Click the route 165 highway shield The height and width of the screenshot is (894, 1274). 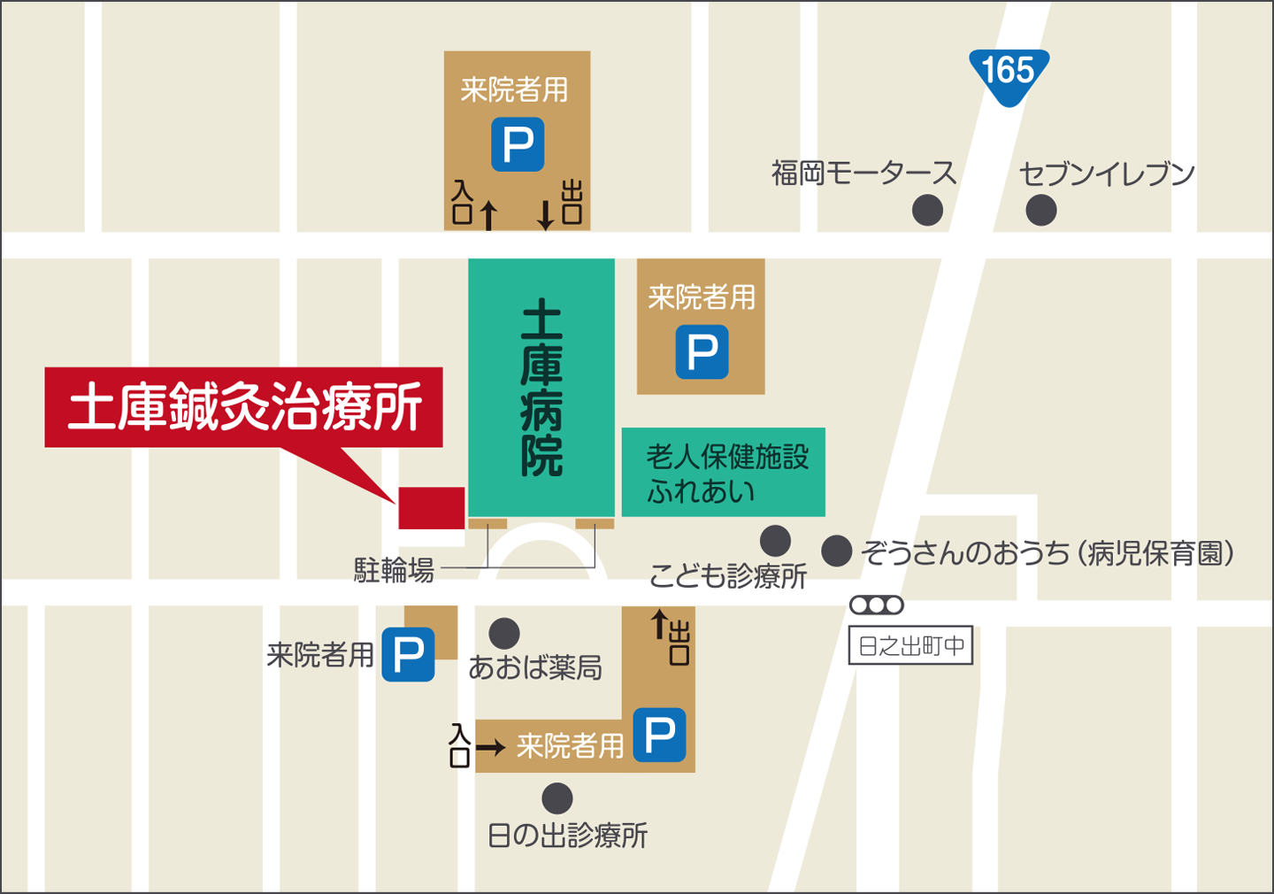pyautogui.click(x=1009, y=74)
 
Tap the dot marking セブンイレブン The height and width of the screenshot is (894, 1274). pyautogui.click(x=1040, y=211)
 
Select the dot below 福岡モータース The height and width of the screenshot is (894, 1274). pyautogui.click(x=927, y=211)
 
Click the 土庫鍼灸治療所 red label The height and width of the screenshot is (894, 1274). pyautogui.click(x=244, y=407)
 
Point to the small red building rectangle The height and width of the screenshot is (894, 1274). pyautogui.click(x=431, y=508)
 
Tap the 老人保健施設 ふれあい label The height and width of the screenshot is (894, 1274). pyautogui.click(x=725, y=473)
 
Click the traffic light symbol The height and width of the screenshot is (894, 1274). pyautogui.click(x=876, y=605)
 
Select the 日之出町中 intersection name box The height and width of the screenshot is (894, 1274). pyautogui.click(x=910, y=646)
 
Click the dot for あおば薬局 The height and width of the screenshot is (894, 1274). pyautogui.click(x=504, y=634)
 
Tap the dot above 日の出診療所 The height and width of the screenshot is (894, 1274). pyautogui.click(x=556, y=798)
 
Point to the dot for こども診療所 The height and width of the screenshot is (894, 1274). pyautogui.click(x=775, y=541)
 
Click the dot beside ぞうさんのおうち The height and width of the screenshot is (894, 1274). pyautogui.click(x=836, y=551)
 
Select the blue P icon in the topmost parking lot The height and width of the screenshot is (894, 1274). pyautogui.click(x=518, y=144)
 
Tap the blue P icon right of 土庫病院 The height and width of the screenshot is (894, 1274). pyautogui.click(x=702, y=352)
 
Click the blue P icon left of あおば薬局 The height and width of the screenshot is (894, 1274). pyautogui.click(x=408, y=654)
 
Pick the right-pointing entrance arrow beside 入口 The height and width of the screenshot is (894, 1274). pyautogui.click(x=490, y=748)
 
